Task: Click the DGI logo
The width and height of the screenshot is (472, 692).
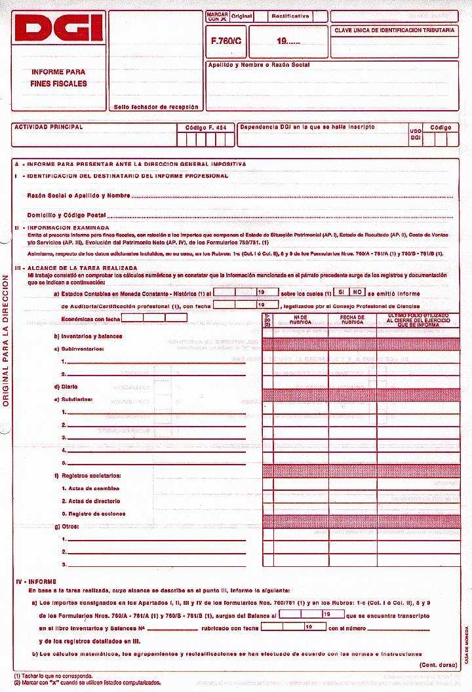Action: pyautogui.click(x=58, y=29)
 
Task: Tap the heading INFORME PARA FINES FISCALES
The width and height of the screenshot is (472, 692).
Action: pyautogui.click(x=58, y=77)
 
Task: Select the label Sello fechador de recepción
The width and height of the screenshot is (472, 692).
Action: pyautogui.click(x=155, y=106)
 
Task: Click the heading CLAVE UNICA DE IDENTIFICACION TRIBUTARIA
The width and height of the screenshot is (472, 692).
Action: pyautogui.click(x=394, y=31)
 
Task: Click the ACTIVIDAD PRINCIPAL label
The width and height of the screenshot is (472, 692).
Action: pyautogui.click(x=49, y=126)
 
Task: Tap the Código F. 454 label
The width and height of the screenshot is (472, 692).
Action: pyautogui.click(x=205, y=126)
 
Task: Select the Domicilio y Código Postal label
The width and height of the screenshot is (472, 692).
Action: pyautogui.click(x=66, y=215)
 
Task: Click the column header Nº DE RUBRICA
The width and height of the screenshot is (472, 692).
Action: pyautogui.click(x=301, y=319)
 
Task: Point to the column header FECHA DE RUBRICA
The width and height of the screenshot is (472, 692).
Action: pyautogui.click(x=352, y=319)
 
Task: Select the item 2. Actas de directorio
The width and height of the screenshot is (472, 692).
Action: pyautogui.click(x=94, y=501)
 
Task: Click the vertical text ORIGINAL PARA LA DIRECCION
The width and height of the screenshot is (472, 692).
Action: pyautogui.click(x=5, y=341)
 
